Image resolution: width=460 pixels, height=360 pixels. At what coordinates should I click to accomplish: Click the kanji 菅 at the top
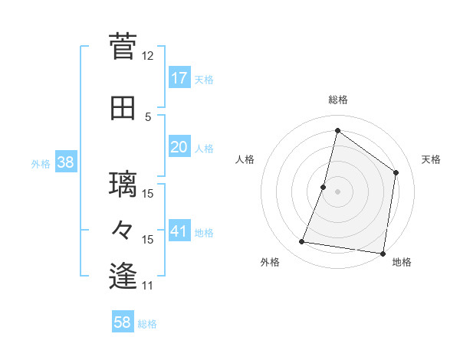tap(123, 46)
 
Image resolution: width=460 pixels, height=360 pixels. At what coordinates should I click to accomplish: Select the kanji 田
tap(123, 109)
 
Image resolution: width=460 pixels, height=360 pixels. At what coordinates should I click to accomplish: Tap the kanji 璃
tap(123, 185)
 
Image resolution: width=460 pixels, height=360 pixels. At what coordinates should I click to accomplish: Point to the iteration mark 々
tap(123, 230)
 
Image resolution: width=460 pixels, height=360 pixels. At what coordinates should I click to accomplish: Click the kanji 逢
tap(123, 276)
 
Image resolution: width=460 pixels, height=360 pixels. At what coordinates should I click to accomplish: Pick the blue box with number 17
tap(179, 78)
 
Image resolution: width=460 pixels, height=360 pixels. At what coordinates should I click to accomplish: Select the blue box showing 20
tap(179, 147)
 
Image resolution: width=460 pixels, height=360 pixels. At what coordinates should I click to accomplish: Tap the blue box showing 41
tap(179, 231)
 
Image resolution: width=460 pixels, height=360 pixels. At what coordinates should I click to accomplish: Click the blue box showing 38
tap(65, 162)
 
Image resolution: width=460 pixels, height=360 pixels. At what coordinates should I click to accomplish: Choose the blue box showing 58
tap(122, 322)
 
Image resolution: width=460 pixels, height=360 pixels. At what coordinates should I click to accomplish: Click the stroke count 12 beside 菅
tap(147, 56)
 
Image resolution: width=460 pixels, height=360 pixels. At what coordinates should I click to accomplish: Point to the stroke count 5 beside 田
tap(148, 117)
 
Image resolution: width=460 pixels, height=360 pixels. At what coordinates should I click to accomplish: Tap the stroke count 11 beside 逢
tap(147, 286)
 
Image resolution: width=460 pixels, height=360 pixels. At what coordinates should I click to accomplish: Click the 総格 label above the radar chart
tap(337, 100)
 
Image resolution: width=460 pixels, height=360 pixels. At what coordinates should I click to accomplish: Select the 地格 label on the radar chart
tap(402, 263)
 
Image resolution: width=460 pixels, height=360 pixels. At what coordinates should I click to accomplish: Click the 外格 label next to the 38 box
tap(41, 163)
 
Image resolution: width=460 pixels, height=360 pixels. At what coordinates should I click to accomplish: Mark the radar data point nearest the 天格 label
tap(396, 172)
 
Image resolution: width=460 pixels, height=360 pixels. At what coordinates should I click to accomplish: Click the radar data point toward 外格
tap(302, 242)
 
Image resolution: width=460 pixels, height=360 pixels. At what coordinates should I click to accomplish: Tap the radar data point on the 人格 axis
tap(324, 187)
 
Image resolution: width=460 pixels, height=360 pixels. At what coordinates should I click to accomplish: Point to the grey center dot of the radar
tap(337, 191)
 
